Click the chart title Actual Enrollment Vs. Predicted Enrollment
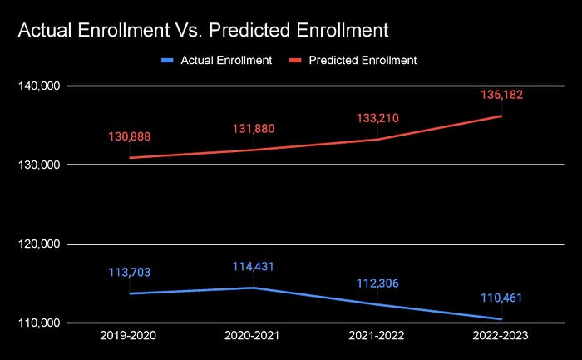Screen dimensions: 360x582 (203, 31)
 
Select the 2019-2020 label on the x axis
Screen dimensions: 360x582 (129, 337)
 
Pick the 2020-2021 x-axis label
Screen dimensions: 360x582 (253, 337)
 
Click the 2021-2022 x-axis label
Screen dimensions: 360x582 (377, 337)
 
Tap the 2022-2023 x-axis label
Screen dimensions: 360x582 (501, 337)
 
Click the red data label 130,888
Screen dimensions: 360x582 (129, 136)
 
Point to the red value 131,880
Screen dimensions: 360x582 (253, 129)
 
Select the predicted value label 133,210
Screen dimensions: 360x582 (377, 118)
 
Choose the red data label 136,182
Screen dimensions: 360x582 (501, 95)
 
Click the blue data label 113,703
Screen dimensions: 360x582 (129, 272)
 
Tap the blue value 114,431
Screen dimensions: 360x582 (253, 267)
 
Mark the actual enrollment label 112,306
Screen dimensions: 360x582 (377, 283)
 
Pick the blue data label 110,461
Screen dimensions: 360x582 (501, 298)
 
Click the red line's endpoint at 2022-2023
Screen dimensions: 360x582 (501, 116)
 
